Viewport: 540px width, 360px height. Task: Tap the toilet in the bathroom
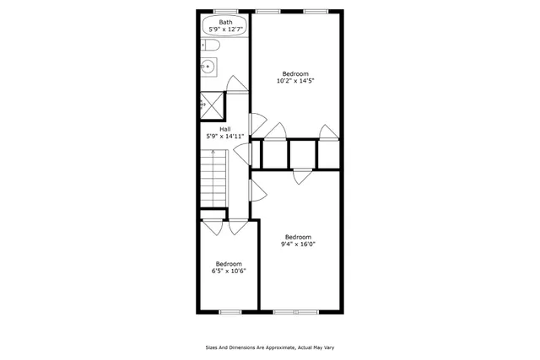pyautogui.click(x=211, y=46)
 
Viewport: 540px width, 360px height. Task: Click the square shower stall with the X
pyautogui.click(x=213, y=105)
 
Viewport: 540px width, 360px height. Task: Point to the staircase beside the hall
pyautogui.click(x=214, y=176)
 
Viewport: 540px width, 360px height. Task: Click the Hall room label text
pyautogui.click(x=224, y=128)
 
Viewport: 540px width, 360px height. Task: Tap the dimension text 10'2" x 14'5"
pyautogui.click(x=294, y=82)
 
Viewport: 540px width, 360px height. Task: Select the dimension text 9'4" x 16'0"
pyautogui.click(x=298, y=244)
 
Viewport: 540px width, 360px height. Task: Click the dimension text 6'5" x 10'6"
pyautogui.click(x=228, y=271)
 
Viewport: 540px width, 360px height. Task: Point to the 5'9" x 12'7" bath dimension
pyautogui.click(x=225, y=30)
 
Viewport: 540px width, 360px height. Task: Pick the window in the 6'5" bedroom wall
pyautogui.click(x=230, y=312)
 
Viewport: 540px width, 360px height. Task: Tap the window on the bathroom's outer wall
pyautogui.click(x=225, y=11)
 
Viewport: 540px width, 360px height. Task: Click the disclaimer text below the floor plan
pyautogui.click(x=270, y=347)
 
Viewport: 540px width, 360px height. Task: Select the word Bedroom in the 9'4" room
pyautogui.click(x=298, y=237)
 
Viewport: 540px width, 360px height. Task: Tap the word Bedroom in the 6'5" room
pyautogui.click(x=228, y=264)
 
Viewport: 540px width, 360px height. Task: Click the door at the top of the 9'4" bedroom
pyautogui.click(x=302, y=175)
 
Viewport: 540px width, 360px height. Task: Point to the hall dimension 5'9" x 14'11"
pyautogui.click(x=225, y=136)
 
